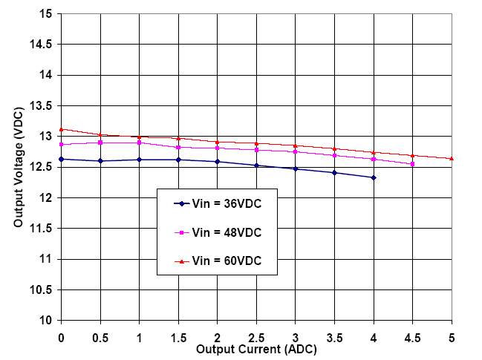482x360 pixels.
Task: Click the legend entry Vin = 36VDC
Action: [225, 203]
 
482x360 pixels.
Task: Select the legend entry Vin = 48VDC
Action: [225, 232]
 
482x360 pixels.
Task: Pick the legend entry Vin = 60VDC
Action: [225, 261]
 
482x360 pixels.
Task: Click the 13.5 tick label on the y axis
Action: [42, 106]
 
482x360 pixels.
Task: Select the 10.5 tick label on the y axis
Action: [42, 289]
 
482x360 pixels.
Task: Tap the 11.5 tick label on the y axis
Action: [42, 229]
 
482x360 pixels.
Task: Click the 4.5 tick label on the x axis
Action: [412, 337]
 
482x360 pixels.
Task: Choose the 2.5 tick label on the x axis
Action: [256, 337]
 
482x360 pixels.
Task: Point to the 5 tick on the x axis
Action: [452, 337]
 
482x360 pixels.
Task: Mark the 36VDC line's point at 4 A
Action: [374, 177]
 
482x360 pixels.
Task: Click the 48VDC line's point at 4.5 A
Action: [412, 164]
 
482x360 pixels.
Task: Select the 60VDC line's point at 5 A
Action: [452, 158]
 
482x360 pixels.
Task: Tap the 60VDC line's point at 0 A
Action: [61, 129]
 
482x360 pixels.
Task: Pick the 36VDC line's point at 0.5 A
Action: [100, 161]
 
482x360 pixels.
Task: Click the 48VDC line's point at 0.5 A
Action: [100, 143]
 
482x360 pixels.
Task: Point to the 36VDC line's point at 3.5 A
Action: [334, 172]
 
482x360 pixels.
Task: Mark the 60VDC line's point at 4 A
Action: [374, 152]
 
